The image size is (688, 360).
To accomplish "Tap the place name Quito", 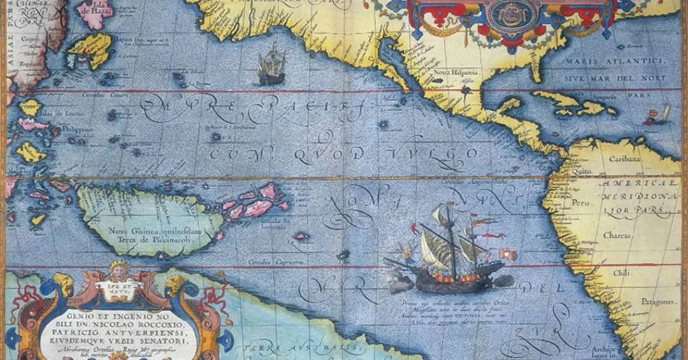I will click(x=581, y=171).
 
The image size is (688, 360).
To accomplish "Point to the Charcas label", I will click(x=616, y=236).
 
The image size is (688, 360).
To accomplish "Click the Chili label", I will click(x=619, y=272).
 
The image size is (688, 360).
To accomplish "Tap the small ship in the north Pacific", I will click(x=271, y=65).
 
